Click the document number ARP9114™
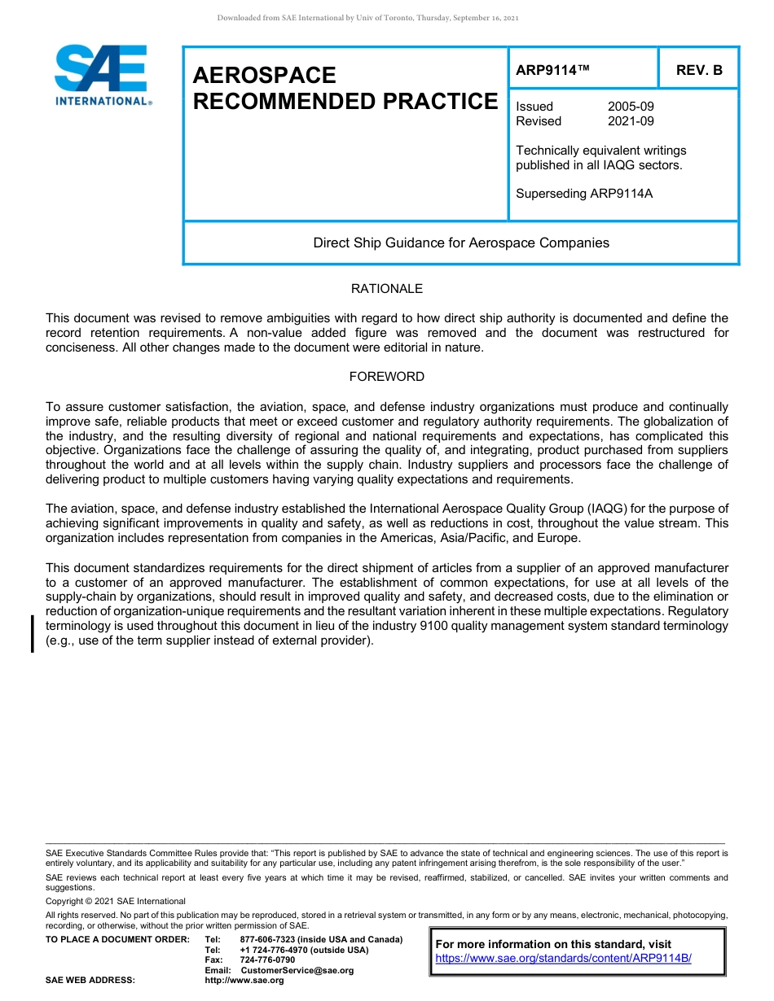[x=552, y=70]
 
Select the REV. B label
[x=699, y=70]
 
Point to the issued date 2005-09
[x=631, y=107]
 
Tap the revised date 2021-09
[x=631, y=121]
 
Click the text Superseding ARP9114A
[x=584, y=194]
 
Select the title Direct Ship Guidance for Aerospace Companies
[x=461, y=243]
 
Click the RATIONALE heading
[x=386, y=289]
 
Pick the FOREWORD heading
[x=386, y=377]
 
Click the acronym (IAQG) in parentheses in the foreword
[x=597, y=509]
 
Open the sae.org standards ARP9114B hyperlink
[x=563, y=958]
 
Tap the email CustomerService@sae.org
[x=297, y=970]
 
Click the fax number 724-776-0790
[x=267, y=960]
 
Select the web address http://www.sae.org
[x=244, y=981]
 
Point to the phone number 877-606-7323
[x=267, y=940]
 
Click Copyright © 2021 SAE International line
[x=116, y=901]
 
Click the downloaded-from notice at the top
[x=367, y=18]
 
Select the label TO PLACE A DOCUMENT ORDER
[x=117, y=940]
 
